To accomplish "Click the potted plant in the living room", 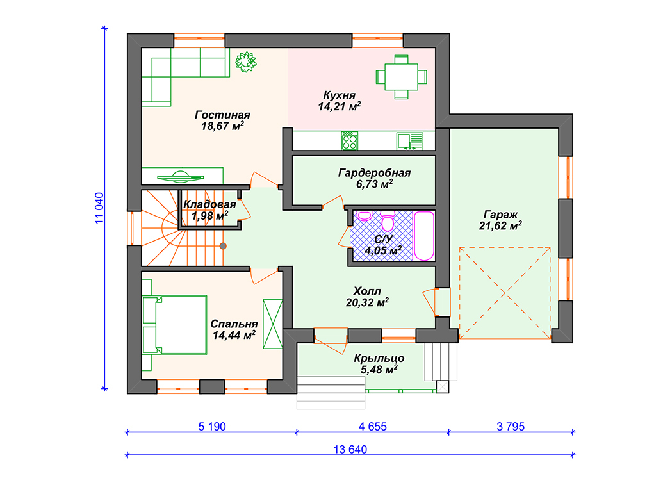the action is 245,61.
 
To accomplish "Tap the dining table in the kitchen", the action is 401,77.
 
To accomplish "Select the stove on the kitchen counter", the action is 349,140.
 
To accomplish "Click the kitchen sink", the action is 410,140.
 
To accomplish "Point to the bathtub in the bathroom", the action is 424,236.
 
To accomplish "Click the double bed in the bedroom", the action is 175,325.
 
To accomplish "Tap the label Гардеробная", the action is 374,173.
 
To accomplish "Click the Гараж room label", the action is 501,215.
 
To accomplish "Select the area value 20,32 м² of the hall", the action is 367,302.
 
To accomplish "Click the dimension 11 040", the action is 99,208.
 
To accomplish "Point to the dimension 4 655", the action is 372,426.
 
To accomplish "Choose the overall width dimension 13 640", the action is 350,449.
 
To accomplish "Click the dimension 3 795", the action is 511,426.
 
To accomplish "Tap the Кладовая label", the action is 209,204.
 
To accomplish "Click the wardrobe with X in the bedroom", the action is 272,324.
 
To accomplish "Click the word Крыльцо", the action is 379,359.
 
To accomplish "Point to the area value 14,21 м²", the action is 340,106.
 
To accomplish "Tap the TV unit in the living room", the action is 182,176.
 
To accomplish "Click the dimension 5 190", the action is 211,426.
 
